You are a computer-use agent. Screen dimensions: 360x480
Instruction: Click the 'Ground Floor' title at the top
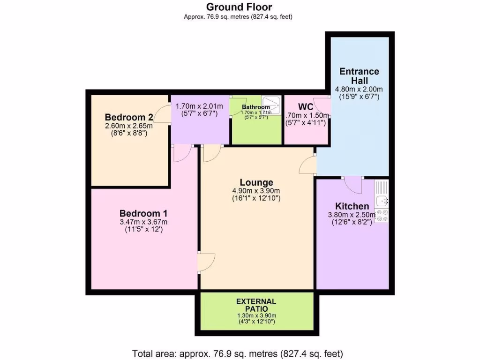point(240,7)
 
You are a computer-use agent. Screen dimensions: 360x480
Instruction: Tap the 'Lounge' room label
point(256,182)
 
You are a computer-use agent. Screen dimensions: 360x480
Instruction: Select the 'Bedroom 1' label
point(143,213)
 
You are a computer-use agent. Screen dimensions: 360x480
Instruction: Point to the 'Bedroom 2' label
point(129,117)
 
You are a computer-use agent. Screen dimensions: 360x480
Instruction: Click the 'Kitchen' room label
point(352,206)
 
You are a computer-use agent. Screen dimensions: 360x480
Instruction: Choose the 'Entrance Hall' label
point(359,76)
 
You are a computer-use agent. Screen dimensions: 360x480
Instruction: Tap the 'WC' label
point(306,107)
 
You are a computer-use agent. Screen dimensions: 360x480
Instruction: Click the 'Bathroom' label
point(255,107)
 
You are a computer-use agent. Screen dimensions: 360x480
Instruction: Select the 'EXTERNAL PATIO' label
point(256,305)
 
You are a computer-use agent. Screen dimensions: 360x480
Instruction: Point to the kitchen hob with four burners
point(382,215)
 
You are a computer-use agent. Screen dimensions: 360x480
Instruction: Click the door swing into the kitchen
point(352,185)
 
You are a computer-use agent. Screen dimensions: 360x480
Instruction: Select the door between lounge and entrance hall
point(308,165)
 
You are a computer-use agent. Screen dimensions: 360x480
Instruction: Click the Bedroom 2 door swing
point(161,115)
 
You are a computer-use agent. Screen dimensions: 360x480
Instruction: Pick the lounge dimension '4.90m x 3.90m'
point(256,191)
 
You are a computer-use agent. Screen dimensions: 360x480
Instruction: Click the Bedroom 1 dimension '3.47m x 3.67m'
point(143,222)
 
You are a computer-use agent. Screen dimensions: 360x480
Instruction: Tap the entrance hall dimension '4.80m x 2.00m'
point(359,89)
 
